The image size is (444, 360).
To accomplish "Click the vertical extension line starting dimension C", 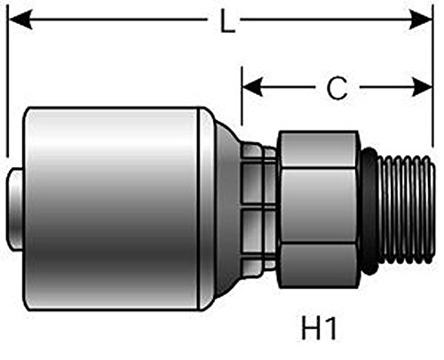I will click(x=242, y=107).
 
